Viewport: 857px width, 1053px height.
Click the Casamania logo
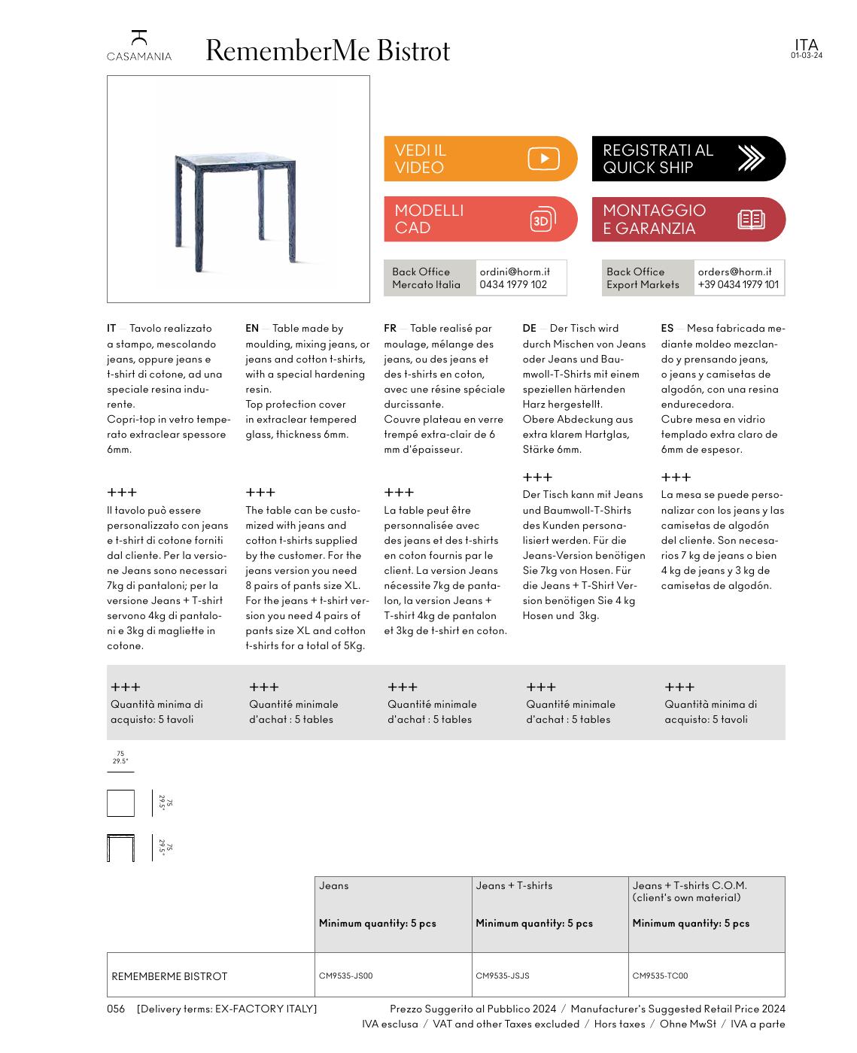tap(138, 45)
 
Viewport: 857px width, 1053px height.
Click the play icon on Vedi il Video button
tap(543, 159)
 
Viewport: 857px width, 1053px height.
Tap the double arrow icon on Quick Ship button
tap(750, 159)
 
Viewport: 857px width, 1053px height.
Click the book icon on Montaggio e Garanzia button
tap(751, 220)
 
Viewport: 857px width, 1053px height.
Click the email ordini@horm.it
tap(515, 272)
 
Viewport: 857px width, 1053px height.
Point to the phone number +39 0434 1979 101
tap(738, 284)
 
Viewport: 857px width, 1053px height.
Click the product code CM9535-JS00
tap(345, 976)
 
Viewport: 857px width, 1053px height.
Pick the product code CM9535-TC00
tap(660, 976)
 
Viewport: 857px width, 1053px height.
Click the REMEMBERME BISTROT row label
tap(169, 976)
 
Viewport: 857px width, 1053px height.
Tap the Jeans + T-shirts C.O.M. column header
tap(689, 891)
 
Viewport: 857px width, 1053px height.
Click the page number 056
tap(116, 1009)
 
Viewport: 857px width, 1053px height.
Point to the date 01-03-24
tap(806, 56)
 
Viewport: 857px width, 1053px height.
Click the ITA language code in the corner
tap(806, 44)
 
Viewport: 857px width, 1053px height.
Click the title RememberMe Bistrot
tap(327, 50)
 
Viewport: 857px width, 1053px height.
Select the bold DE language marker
tap(529, 328)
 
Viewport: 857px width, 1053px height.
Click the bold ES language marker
tap(667, 328)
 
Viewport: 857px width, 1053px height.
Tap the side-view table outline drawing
tap(120, 848)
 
